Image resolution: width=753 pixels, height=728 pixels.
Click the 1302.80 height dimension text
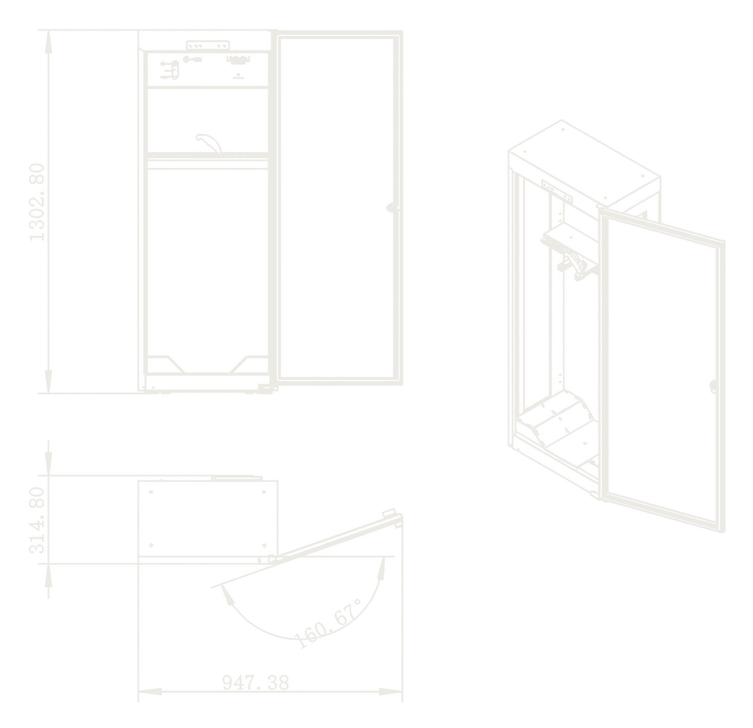coord(37,202)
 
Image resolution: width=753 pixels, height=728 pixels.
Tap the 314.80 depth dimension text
coord(37,520)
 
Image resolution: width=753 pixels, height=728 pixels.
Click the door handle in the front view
coord(393,208)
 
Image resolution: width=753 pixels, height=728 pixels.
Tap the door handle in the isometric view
coord(713,387)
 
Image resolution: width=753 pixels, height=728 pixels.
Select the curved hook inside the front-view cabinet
coord(209,142)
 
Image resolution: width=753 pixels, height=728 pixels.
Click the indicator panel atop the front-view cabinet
coord(208,46)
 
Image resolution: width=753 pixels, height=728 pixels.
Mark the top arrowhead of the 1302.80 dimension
coord(48,42)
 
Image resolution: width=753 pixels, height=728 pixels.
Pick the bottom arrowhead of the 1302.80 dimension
coord(48,382)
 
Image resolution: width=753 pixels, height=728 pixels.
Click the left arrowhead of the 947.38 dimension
coord(150,691)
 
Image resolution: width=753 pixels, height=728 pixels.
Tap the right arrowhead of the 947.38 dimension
coord(390,691)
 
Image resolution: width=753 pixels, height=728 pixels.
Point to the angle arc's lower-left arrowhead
coord(227,595)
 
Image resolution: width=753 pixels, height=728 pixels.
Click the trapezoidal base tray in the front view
coord(208,365)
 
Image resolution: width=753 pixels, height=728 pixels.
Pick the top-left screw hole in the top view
coord(151,492)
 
